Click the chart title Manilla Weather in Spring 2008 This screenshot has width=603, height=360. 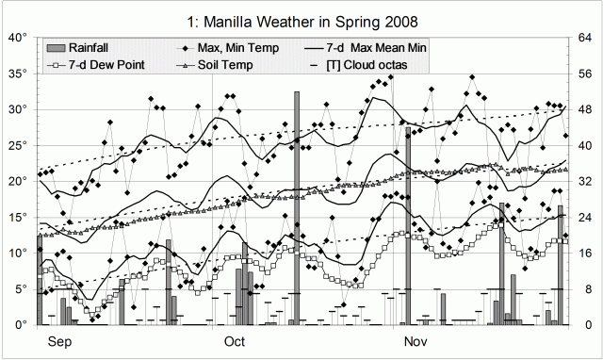pyautogui.click(x=301, y=19)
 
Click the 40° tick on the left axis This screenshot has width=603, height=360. pyautogui.click(x=18, y=38)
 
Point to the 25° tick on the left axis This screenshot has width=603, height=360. pyautogui.click(x=18, y=145)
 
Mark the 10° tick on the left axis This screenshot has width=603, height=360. pyautogui.click(x=18, y=253)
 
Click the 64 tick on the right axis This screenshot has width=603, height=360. pyautogui.click(x=585, y=38)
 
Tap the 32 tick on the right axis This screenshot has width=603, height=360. pyautogui.click(x=585, y=181)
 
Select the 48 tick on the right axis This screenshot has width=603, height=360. pyautogui.click(x=585, y=109)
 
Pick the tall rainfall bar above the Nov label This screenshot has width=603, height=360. pyautogui.click(x=408, y=226)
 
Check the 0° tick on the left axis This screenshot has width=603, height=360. pyautogui.click(x=21, y=324)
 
